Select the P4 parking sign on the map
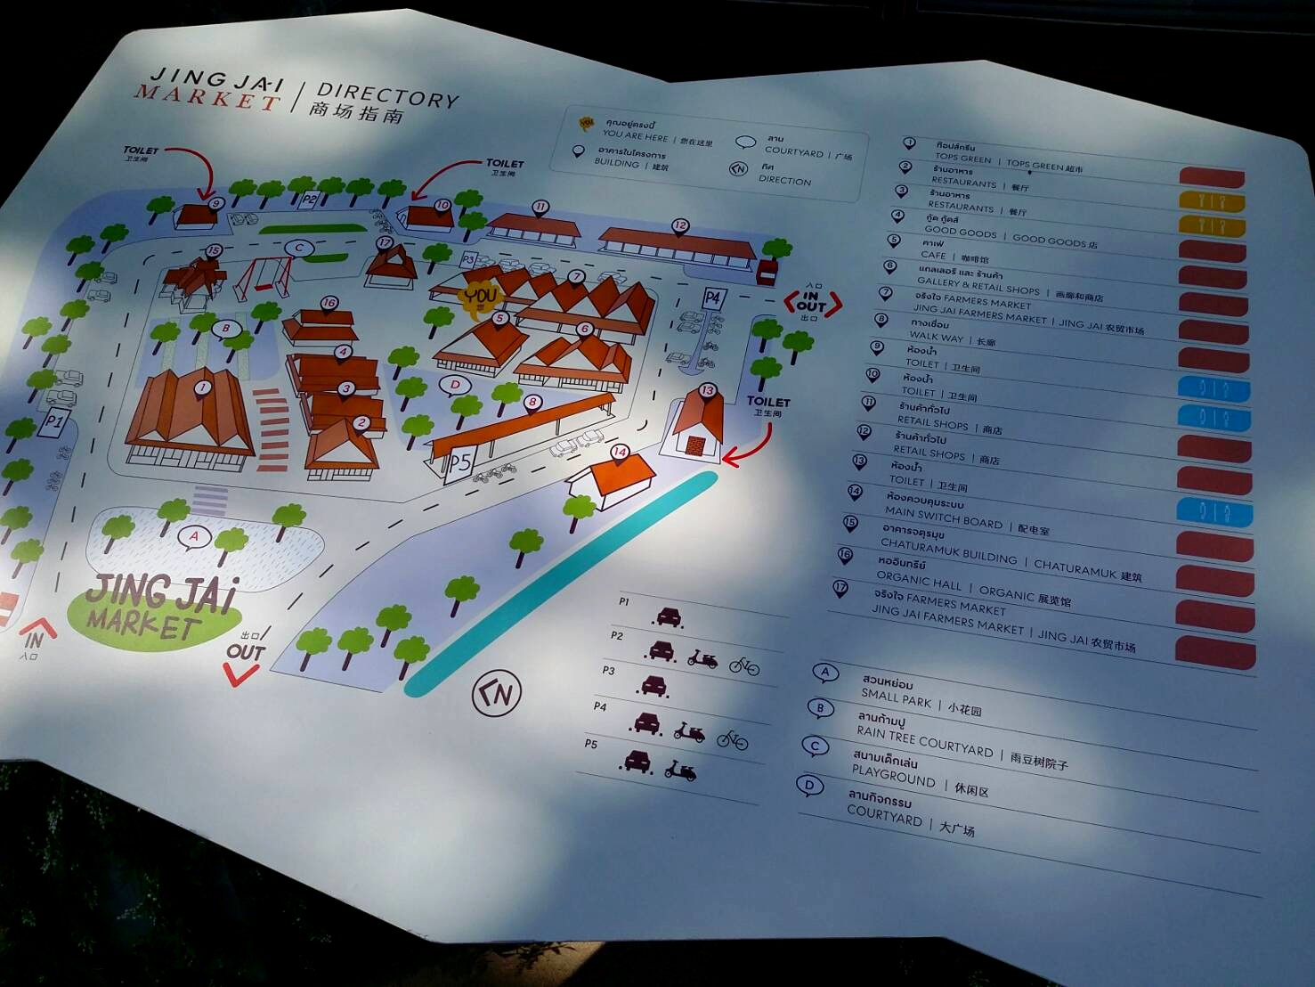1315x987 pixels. [x=712, y=298]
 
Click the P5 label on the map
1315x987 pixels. [x=459, y=463]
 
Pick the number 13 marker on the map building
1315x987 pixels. [x=708, y=390]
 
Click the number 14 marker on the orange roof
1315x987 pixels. [x=620, y=453]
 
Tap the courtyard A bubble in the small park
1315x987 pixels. [x=194, y=536]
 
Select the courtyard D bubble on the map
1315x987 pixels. [x=455, y=386]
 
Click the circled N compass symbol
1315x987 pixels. [x=496, y=693]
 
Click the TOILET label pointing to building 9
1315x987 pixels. [x=141, y=151]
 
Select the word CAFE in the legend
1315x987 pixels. [x=933, y=255]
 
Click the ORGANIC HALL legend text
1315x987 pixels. [x=919, y=583]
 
